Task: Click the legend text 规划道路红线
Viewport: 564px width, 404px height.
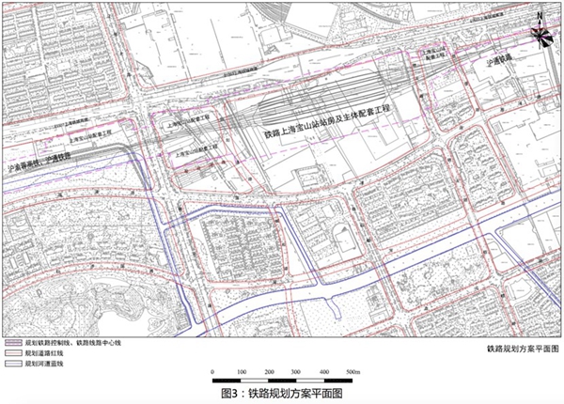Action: [x=46, y=353]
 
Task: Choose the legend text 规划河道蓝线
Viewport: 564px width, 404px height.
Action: [x=46, y=363]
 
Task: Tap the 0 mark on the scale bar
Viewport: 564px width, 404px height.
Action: [x=214, y=373]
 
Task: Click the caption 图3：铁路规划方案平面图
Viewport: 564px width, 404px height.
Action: [x=281, y=394]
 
